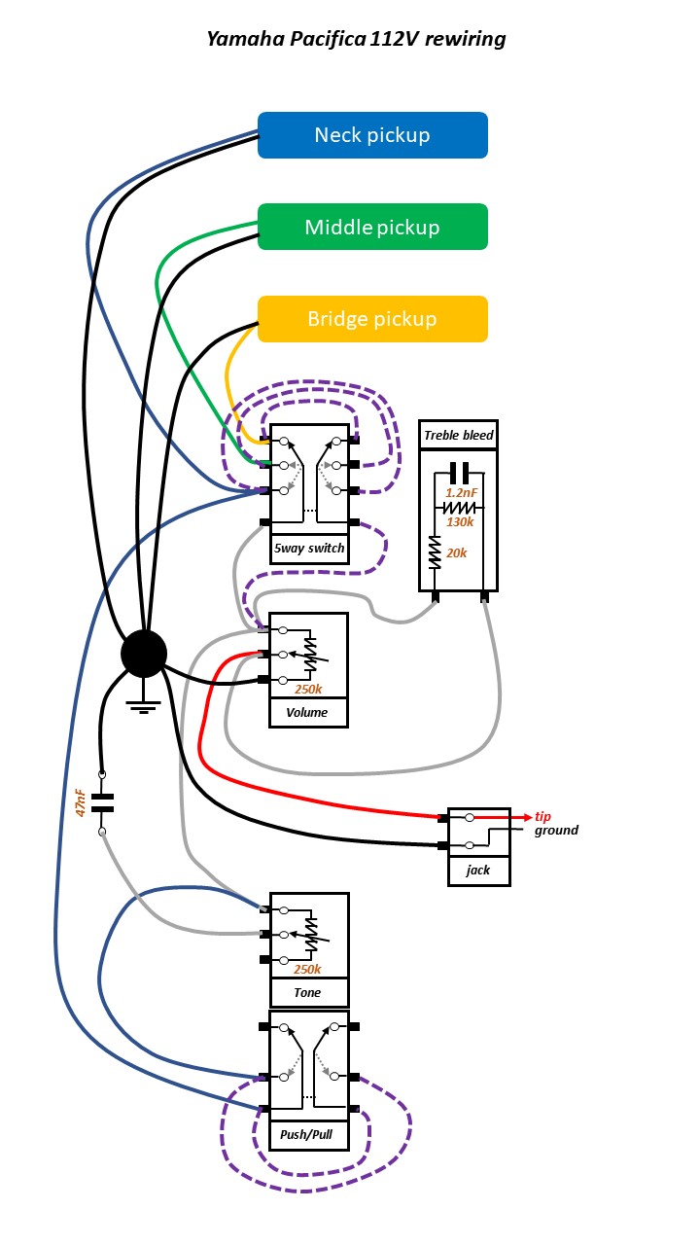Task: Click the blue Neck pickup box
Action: (x=372, y=135)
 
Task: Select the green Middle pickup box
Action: (x=372, y=228)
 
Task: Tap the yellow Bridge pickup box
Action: (x=372, y=319)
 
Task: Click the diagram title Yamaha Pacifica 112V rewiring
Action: (x=356, y=40)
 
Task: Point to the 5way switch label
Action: (x=309, y=549)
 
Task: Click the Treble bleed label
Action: (x=458, y=435)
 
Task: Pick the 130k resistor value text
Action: (x=459, y=522)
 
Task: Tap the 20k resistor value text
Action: (x=456, y=553)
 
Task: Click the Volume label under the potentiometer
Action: (x=306, y=713)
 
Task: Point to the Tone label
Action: (x=307, y=993)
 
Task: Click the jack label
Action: (x=478, y=871)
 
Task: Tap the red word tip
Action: (x=544, y=816)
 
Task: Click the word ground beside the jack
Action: (x=556, y=831)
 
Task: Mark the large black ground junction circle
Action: (x=144, y=653)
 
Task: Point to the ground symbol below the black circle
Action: (x=144, y=707)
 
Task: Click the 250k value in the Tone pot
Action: (x=306, y=970)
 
